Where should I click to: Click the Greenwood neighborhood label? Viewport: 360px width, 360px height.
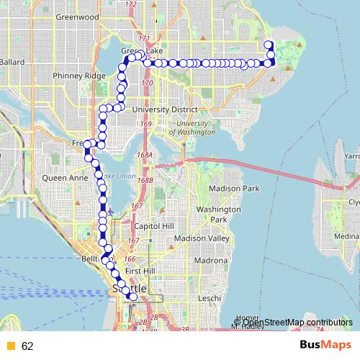(x=77, y=16)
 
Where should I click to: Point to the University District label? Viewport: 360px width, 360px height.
(x=171, y=109)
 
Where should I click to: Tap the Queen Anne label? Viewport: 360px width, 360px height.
(x=65, y=177)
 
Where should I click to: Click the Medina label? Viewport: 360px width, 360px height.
(x=347, y=236)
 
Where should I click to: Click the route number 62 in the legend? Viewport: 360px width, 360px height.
(x=27, y=346)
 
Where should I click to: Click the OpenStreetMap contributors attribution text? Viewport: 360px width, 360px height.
(x=296, y=322)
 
